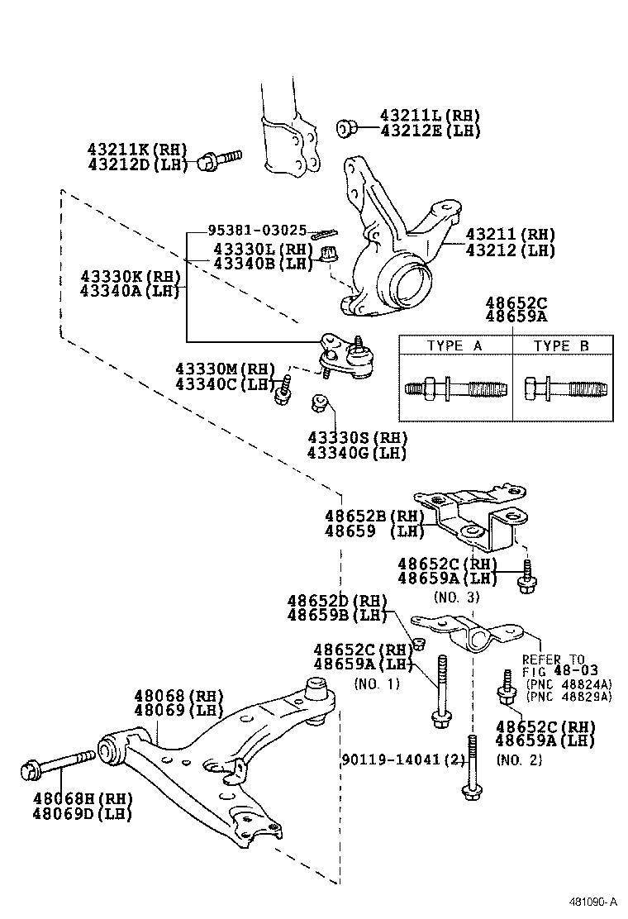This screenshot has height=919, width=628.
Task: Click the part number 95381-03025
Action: tap(257, 231)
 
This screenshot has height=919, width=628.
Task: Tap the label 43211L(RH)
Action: tap(430, 116)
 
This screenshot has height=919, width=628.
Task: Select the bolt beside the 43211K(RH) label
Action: tap(220, 160)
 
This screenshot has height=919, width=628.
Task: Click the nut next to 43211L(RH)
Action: tap(347, 127)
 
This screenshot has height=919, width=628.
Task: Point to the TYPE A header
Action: tap(454, 346)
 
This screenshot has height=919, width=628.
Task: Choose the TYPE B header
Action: tap(561, 346)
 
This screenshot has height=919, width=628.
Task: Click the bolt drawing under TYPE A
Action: tap(454, 388)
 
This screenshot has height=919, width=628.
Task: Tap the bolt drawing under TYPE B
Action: tap(561, 388)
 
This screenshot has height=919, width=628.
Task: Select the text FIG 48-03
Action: tap(559, 671)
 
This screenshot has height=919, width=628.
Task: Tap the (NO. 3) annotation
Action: tap(457, 595)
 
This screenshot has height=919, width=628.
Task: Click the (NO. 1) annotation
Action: tap(377, 683)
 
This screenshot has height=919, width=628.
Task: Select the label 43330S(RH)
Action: tap(357, 437)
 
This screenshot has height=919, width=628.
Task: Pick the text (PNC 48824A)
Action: tap(568, 683)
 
